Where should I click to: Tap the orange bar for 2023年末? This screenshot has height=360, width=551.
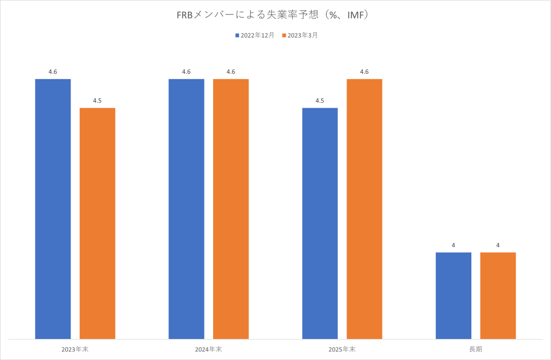click(97, 223)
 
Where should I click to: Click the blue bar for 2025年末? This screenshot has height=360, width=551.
click(320, 223)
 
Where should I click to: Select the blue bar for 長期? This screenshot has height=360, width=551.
click(453, 295)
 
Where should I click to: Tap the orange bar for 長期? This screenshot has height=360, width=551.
click(498, 295)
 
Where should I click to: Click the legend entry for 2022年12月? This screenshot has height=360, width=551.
click(255, 36)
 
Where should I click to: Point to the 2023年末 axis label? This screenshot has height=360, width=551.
click(75, 349)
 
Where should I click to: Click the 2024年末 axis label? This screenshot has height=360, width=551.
click(208, 349)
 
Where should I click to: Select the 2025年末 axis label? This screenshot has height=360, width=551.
click(342, 349)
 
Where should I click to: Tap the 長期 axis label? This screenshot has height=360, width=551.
click(475, 349)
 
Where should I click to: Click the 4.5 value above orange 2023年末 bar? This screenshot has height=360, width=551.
click(97, 101)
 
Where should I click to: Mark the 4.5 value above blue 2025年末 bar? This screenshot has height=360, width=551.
click(320, 101)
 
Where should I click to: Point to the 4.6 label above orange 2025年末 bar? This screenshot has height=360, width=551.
click(364, 72)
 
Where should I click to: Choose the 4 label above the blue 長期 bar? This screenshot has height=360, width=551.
click(453, 245)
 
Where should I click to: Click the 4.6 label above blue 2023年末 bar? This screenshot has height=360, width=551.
click(53, 72)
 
